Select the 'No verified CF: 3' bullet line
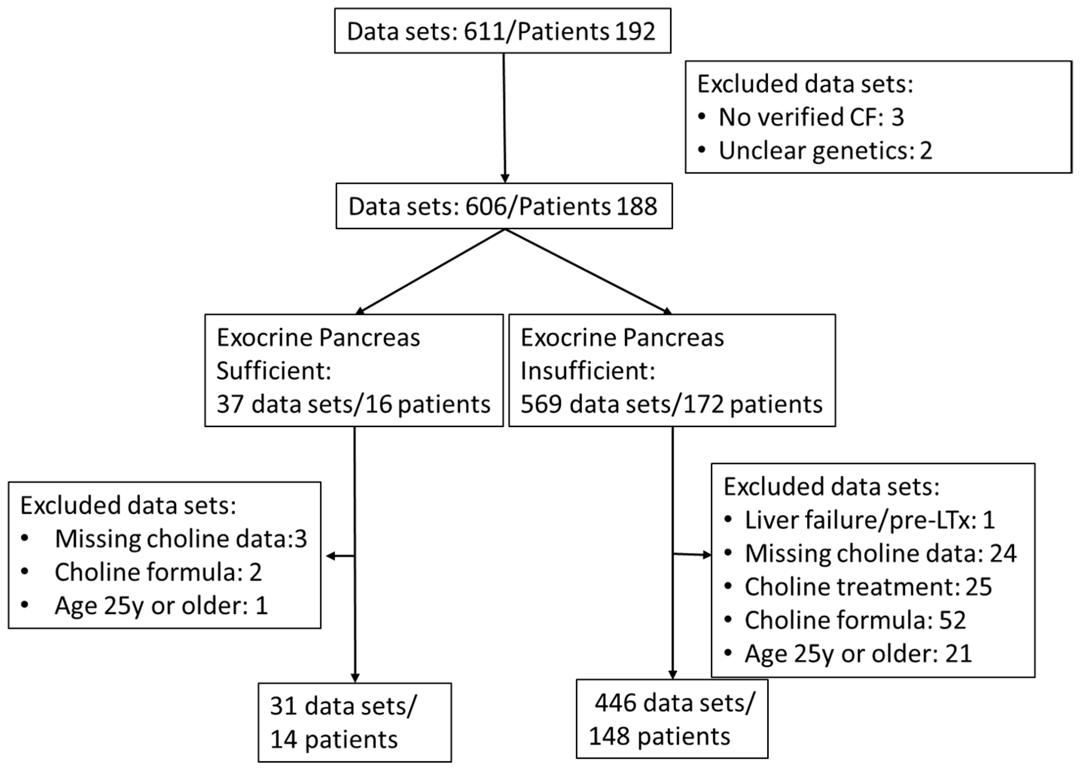[810, 117]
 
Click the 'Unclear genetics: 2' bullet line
[825, 151]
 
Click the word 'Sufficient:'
[273, 371]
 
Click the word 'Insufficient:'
[587, 371]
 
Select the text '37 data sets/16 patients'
[353, 404]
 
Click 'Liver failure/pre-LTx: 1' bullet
[869, 520]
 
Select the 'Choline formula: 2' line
[158, 572]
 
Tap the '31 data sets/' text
[343, 706]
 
